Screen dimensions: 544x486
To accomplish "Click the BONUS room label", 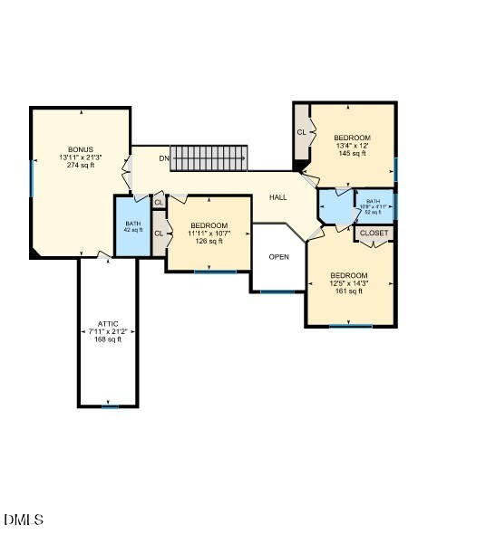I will tap(80, 149).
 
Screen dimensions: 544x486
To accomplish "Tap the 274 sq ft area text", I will tap(80, 165).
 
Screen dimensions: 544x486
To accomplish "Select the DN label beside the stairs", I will tap(163, 159).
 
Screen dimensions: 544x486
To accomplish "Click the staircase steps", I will tap(209, 157).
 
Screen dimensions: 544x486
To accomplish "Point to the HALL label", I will tap(277, 196).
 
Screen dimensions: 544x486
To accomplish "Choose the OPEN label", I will tap(279, 257).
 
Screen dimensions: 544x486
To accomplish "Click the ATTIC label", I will tap(108, 323).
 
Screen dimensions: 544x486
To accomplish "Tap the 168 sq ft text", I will tap(108, 339).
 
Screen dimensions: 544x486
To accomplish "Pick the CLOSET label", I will tap(374, 234).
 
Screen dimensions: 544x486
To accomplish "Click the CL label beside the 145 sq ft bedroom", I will tap(301, 132).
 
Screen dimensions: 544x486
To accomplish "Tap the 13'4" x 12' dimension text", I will tap(352, 146).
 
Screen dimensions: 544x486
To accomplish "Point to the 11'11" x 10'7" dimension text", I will tap(209, 234).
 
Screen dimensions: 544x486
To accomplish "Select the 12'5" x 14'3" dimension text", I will tap(349, 283).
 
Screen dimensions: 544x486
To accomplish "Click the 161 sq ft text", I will tap(349, 291).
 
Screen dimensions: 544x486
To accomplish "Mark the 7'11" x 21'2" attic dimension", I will tap(108, 331).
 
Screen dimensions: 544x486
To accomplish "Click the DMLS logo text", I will tap(24, 520).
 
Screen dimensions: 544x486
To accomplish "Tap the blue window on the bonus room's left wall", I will tap(32, 178).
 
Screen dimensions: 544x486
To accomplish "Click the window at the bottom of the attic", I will tap(110, 406).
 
